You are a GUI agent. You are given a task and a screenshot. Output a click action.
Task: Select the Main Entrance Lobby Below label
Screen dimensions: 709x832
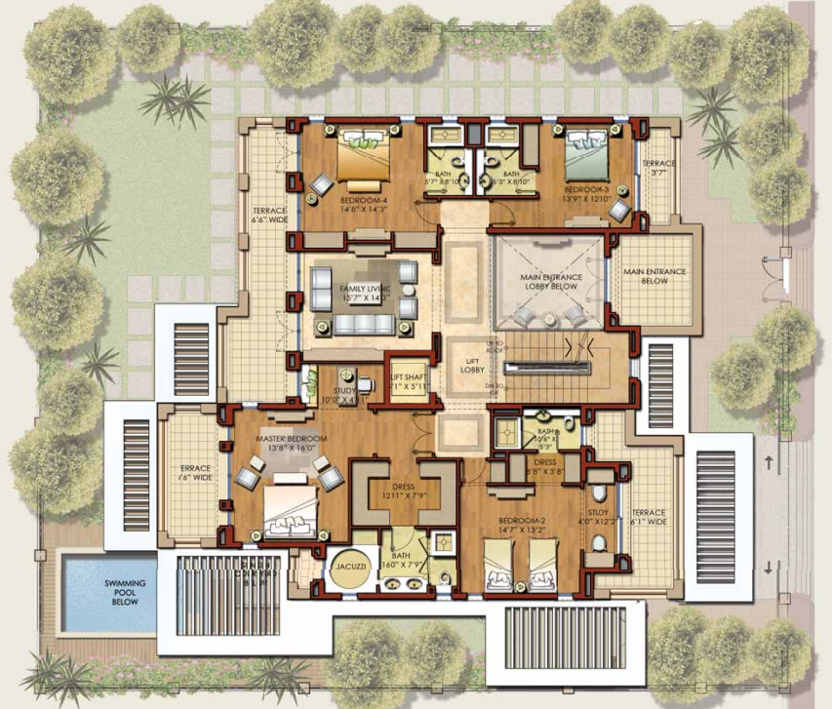tap(551, 282)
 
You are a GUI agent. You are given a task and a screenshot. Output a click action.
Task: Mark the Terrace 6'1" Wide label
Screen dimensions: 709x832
tap(648, 518)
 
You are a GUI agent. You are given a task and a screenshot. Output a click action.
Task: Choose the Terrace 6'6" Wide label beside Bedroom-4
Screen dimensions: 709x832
tap(266, 216)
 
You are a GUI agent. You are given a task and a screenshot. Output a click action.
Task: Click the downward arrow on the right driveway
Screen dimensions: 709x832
tap(770, 569)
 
